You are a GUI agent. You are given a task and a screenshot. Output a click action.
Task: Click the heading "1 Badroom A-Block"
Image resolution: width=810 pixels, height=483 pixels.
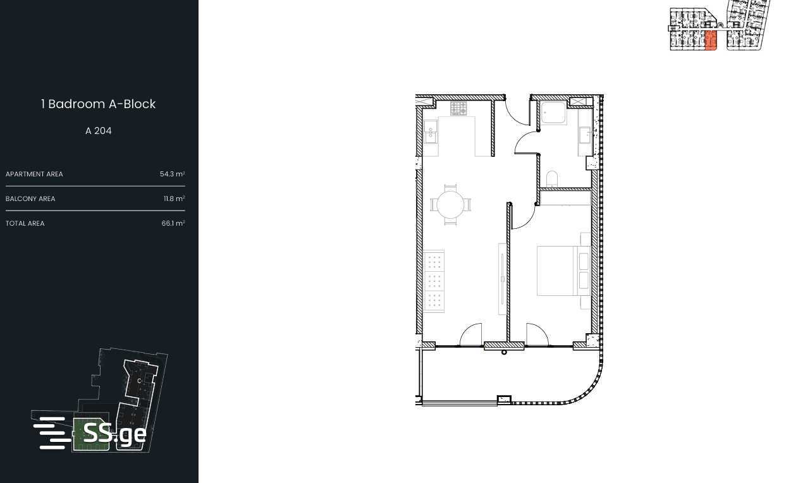click(98, 104)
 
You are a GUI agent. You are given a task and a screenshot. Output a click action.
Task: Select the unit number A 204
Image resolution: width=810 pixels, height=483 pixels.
click(99, 131)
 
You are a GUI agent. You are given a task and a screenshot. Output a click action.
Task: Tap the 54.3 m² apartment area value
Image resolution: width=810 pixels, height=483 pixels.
click(173, 174)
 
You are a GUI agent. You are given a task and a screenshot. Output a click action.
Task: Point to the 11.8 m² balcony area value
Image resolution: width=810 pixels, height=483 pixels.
click(175, 199)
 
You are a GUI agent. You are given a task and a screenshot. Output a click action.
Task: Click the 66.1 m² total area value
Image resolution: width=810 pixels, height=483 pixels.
click(173, 223)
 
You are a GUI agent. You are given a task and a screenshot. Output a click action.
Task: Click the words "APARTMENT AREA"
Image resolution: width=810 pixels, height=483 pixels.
click(34, 174)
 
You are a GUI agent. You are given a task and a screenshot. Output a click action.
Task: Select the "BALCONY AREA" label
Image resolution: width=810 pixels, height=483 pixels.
click(30, 199)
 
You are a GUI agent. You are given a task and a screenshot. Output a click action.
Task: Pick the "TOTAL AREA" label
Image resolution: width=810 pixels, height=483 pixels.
click(25, 223)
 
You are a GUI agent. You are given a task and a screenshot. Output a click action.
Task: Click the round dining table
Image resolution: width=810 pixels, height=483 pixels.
click(450, 205)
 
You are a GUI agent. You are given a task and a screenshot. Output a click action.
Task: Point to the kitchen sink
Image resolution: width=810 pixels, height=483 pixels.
click(431, 132)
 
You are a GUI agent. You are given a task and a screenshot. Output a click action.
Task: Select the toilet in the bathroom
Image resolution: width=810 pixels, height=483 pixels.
click(552, 179)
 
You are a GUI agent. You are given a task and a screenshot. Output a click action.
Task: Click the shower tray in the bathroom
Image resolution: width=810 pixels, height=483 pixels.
click(554, 113)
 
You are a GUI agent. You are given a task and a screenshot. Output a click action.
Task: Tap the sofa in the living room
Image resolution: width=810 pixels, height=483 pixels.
click(434, 281)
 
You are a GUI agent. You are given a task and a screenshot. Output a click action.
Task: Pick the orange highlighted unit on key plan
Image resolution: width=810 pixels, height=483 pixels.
click(711, 40)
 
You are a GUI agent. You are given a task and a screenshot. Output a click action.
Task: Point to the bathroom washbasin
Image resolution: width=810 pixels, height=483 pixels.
click(585, 135)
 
